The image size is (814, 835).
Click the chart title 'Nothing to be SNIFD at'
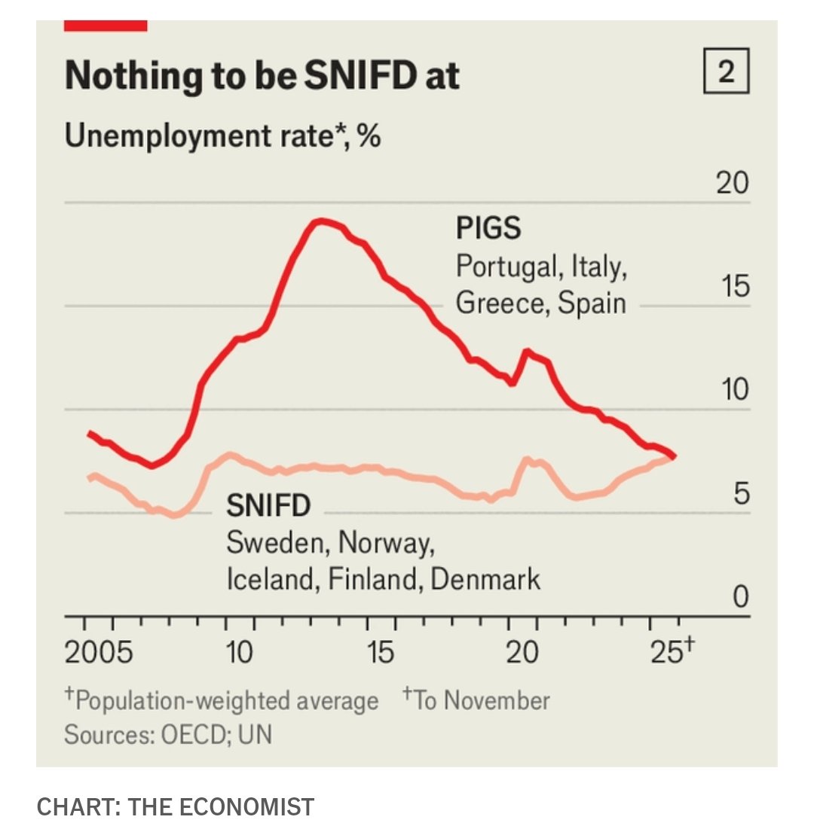coord(262,76)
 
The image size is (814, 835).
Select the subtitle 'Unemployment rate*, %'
coord(222,137)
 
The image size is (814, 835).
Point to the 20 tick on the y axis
coord(732,183)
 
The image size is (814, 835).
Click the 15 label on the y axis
coord(732,287)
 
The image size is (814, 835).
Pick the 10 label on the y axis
coord(732,390)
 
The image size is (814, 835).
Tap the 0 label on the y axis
coord(740,597)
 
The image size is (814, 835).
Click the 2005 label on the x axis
coord(99,652)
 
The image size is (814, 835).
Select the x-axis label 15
coord(381,652)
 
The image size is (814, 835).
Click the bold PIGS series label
coord(488,227)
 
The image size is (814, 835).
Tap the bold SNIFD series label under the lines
coord(268,506)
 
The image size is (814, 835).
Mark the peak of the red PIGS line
coord(321,221)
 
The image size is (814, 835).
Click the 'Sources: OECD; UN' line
coord(168,734)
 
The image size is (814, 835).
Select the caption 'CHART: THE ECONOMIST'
coord(175,807)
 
